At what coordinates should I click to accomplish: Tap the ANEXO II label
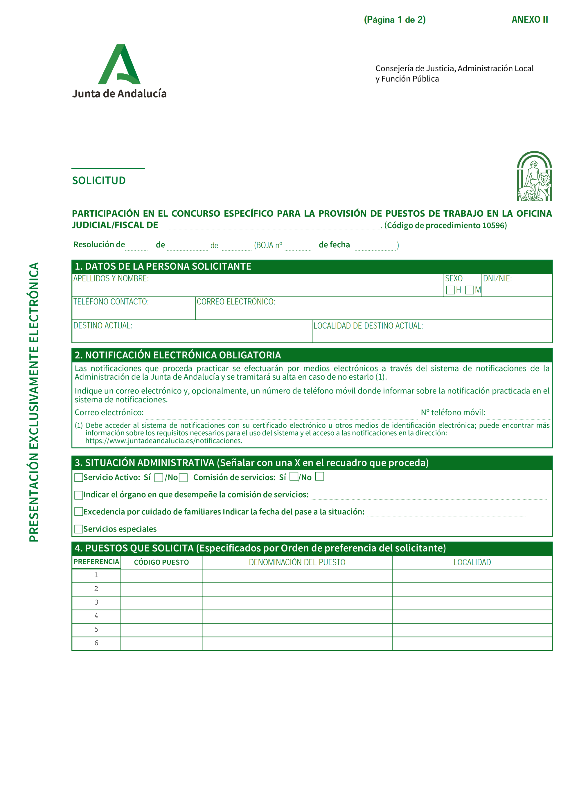pos(529,20)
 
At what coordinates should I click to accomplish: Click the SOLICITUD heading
pos(99,181)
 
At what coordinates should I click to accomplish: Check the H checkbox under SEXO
pos(450,290)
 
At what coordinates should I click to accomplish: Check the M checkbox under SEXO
pos(469,290)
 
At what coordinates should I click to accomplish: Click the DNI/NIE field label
pos(497,279)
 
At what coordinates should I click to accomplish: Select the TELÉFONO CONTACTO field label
pos(111,302)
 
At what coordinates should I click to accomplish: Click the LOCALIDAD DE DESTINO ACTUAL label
pos(368,326)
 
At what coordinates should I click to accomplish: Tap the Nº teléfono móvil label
pos(453,413)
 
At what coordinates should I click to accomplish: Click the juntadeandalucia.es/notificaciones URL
pos(164,441)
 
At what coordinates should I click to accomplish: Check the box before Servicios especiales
pos(79,529)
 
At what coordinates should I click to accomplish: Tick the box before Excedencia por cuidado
pos(79,512)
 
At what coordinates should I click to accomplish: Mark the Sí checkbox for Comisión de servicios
pos(294,476)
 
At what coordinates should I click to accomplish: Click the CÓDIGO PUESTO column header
pos(161,562)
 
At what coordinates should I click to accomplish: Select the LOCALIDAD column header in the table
pos(472,562)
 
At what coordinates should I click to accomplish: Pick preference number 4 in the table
pos(96,616)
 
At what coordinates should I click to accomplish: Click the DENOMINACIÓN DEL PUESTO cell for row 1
pos(297,576)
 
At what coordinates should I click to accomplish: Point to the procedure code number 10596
pos(493,225)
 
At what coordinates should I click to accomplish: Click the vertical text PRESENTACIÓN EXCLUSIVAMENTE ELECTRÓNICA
pos(34,402)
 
